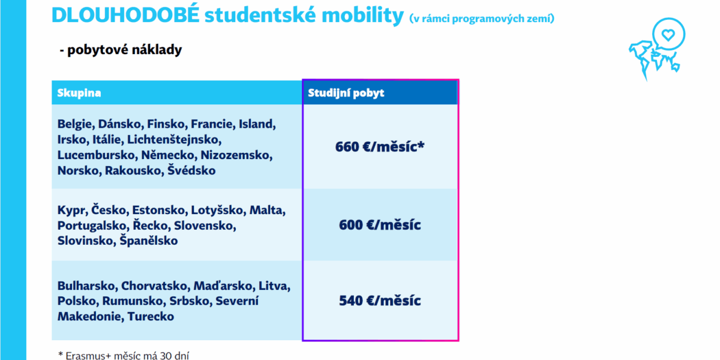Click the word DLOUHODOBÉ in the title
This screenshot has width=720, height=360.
click(125, 14)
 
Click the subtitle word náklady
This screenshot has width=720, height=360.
click(157, 50)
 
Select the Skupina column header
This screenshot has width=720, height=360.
click(79, 93)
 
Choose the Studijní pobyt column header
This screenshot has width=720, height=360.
click(346, 93)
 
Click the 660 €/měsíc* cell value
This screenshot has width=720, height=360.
click(380, 147)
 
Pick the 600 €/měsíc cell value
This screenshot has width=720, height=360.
click(380, 224)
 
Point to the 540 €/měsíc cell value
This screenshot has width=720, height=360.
click(380, 301)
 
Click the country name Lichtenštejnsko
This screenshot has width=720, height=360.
click(174, 139)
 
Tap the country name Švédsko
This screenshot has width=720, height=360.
click(191, 170)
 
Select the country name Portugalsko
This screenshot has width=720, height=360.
click(93, 226)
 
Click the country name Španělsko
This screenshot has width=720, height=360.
click(149, 241)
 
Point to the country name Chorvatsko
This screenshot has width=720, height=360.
click(155, 286)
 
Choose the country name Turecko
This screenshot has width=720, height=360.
click(151, 316)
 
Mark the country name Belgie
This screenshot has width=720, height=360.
click(76, 124)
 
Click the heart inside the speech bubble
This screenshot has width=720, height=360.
click(668, 34)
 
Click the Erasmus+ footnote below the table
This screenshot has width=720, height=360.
click(124, 355)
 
